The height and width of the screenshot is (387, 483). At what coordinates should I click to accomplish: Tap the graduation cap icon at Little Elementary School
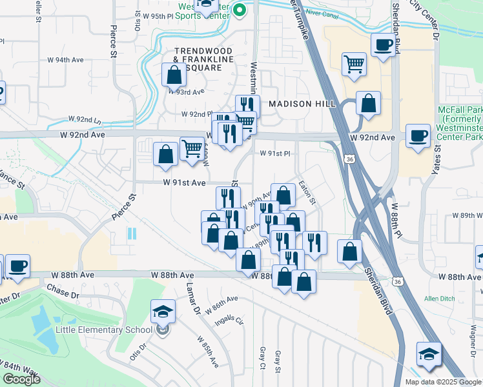[x=163, y=312]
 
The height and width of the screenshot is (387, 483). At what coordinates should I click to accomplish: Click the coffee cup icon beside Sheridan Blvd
[x=384, y=45]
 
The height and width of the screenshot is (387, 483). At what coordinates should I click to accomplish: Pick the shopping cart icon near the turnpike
[x=353, y=64]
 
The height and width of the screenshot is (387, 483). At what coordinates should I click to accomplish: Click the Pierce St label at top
[x=114, y=40]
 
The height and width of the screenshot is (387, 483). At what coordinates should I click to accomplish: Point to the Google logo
[x=21, y=379]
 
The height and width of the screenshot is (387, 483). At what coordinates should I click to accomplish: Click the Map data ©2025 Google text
[x=442, y=382]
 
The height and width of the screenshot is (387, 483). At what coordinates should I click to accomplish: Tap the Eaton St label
[x=308, y=193]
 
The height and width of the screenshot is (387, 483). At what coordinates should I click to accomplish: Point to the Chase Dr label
[x=62, y=295]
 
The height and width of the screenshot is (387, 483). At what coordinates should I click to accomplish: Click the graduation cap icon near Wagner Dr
[x=429, y=354]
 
